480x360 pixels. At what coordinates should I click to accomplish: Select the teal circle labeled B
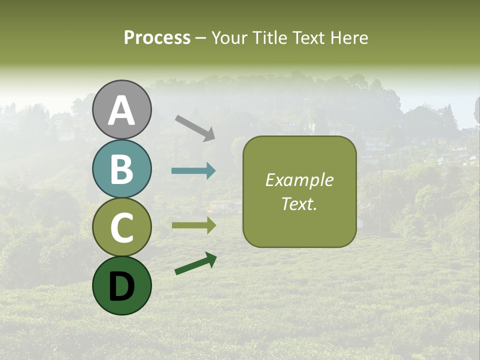pyautogui.click(x=122, y=169)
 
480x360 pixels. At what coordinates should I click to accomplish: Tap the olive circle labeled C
pyautogui.click(x=122, y=227)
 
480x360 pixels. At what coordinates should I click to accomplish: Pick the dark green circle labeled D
pyautogui.click(x=122, y=285)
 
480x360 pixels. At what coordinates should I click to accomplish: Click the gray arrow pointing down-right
pyautogui.click(x=195, y=127)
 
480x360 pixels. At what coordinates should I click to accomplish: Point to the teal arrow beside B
pyautogui.click(x=193, y=171)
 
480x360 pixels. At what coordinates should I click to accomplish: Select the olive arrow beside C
pyautogui.click(x=193, y=225)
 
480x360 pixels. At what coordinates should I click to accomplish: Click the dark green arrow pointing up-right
pyautogui.click(x=195, y=263)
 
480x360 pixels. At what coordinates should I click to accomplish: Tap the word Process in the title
pyautogui.click(x=157, y=37)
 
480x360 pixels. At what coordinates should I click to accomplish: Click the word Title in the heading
pyautogui.click(x=270, y=37)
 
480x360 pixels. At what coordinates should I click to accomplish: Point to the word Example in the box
pyautogui.click(x=299, y=180)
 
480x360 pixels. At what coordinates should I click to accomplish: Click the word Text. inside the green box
pyautogui.click(x=299, y=203)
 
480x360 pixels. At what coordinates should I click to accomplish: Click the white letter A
pyautogui.click(x=122, y=110)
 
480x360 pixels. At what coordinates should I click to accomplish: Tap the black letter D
pyautogui.click(x=122, y=285)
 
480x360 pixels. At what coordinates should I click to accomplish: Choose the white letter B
pyautogui.click(x=122, y=169)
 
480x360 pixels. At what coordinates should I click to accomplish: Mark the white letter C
pyautogui.click(x=122, y=227)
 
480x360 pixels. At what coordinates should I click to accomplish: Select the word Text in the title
pyautogui.click(x=309, y=37)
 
